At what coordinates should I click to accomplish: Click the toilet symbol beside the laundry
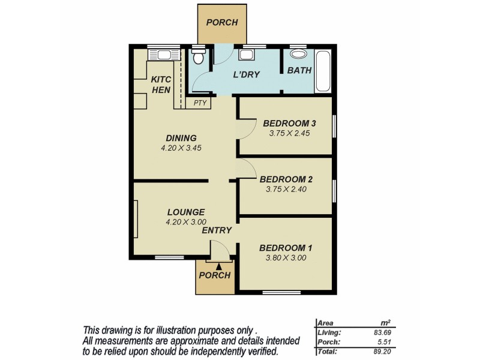(x=199, y=56)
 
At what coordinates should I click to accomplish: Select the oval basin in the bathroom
(x=298, y=54)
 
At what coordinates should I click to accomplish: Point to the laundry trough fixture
(x=246, y=55)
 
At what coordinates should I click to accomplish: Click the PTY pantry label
(x=200, y=103)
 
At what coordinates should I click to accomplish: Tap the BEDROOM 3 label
(x=289, y=124)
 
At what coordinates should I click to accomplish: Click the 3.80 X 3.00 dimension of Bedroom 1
(x=286, y=258)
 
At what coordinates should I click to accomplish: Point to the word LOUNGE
(x=186, y=212)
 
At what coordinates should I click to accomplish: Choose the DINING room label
(x=181, y=138)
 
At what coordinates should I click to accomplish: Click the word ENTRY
(x=217, y=230)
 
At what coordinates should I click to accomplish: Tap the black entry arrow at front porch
(x=219, y=266)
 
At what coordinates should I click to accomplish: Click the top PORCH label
(x=222, y=23)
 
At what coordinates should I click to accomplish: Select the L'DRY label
(x=246, y=74)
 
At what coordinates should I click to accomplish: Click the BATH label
(x=299, y=70)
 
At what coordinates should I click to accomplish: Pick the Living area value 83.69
(x=382, y=332)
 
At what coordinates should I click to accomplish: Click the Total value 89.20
(x=382, y=352)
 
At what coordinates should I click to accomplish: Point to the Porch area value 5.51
(x=384, y=342)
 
